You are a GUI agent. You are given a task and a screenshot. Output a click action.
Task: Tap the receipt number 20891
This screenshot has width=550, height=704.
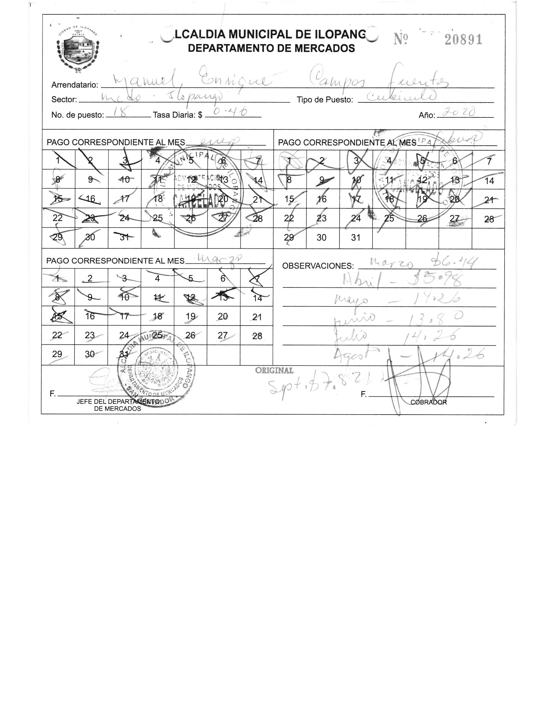(463, 40)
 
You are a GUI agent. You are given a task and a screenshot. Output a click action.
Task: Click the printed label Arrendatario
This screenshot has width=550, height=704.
(75, 85)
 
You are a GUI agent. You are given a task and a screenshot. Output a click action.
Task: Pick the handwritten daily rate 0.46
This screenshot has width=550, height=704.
(231, 112)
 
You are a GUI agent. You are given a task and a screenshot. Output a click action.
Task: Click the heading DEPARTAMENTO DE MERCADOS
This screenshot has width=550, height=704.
(271, 48)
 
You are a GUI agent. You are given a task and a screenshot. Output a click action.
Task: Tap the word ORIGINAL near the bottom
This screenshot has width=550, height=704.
(274, 370)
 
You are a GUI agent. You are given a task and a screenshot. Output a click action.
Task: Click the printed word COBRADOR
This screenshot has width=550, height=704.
(428, 402)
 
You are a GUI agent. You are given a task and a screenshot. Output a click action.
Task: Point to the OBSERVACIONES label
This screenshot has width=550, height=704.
(318, 266)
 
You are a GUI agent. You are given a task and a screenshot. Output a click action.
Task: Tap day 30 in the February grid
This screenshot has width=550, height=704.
(321, 238)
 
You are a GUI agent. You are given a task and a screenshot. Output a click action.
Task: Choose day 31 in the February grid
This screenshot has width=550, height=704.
(356, 238)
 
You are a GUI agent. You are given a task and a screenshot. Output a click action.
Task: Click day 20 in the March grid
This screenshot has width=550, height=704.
(223, 316)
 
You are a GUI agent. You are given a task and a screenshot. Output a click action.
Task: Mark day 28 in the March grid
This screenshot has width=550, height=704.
(257, 336)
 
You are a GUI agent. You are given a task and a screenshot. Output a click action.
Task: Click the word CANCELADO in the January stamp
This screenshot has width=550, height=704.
(198, 200)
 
